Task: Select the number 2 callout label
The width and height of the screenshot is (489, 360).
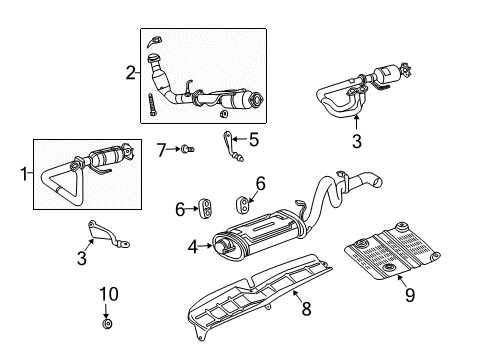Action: (x=130, y=71)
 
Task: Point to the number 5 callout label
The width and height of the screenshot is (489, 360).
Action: (x=254, y=140)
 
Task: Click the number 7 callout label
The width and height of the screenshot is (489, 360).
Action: (x=161, y=149)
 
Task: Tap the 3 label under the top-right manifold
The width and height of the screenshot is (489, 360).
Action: (x=356, y=141)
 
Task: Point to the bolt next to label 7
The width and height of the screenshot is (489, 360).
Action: (x=186, y=149)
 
